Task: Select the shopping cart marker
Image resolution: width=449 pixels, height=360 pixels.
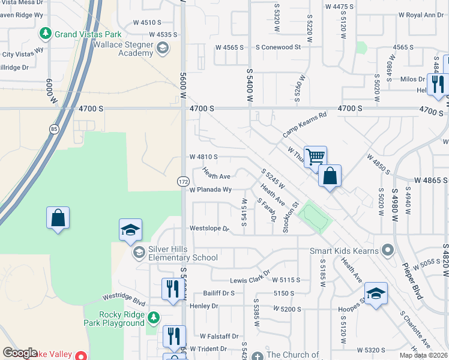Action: pos(315,157)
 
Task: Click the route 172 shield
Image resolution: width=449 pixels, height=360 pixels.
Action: pos(183,181)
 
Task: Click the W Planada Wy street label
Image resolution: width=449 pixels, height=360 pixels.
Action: pos(210,190)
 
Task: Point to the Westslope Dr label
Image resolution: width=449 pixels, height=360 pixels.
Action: pos(209,229)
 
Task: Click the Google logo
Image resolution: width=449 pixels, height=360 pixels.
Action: pos(20,353)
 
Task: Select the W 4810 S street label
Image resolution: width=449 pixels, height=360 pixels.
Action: pos(203,157)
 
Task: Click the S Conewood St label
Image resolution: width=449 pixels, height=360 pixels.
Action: pos(277,47)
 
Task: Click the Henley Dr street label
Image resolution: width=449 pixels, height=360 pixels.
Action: pos(205,306)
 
